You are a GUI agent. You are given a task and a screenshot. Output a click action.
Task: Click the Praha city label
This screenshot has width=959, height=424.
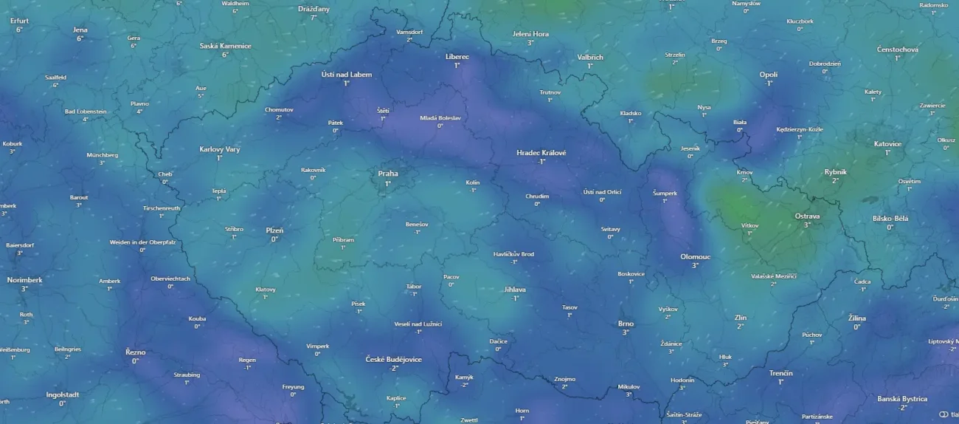point(388,174)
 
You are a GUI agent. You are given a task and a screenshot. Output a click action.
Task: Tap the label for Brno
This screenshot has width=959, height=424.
point(626,324)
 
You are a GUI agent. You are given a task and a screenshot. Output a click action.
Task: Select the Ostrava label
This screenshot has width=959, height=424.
point(807,216)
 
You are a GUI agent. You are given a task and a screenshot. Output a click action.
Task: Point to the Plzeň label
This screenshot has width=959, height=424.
point(274,230)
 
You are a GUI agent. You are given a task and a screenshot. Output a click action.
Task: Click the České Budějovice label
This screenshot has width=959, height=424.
point(394,359)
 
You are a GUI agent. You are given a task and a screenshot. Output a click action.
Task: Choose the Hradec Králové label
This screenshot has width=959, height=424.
point(541,152)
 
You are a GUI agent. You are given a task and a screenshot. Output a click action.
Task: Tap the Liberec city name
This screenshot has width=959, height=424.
point(457,56)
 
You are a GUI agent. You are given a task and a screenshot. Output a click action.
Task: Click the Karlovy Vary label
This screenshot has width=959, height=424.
point(220,149)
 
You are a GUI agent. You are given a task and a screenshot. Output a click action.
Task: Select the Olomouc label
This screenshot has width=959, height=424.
point(695,256)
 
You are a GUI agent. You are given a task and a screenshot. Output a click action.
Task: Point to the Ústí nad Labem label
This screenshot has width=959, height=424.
point(347,75)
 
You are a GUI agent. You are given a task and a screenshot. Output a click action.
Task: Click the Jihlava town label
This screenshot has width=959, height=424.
point(515,290)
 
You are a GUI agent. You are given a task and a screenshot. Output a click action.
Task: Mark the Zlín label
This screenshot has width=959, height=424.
point(741,318)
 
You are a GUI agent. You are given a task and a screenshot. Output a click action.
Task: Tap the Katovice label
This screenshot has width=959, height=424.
point(887,144)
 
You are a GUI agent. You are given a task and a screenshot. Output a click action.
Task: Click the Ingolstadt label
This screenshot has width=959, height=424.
point(62,394)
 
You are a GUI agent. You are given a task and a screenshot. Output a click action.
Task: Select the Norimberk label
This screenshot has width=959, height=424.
point(24,280)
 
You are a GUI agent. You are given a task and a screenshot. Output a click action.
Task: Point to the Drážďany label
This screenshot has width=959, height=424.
point(314,9)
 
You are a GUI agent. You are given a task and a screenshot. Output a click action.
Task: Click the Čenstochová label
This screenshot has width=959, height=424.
point(897,49)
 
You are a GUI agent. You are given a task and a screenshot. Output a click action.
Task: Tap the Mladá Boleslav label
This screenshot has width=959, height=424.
point(440,117)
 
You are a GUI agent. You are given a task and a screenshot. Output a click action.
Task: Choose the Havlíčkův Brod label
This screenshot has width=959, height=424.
point(513,253)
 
